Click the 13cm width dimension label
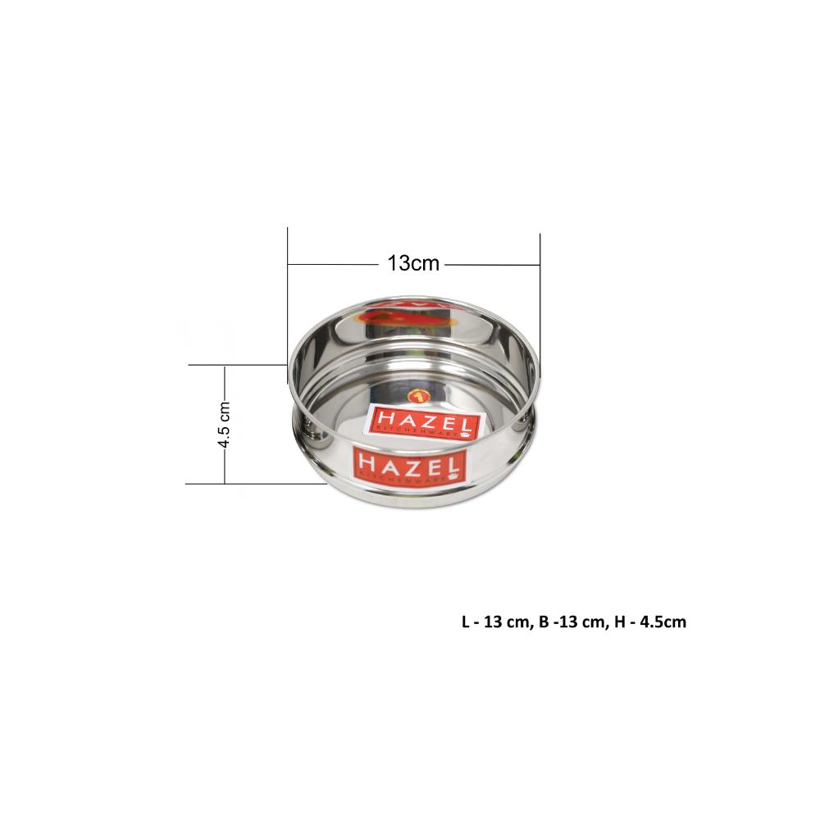coord(413,264)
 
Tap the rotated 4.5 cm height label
coord(224,425)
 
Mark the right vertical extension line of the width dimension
coord(540,295)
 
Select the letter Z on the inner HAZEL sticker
coord(427,421)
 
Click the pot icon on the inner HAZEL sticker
coord(467,435)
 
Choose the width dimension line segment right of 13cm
coord(492,264)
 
